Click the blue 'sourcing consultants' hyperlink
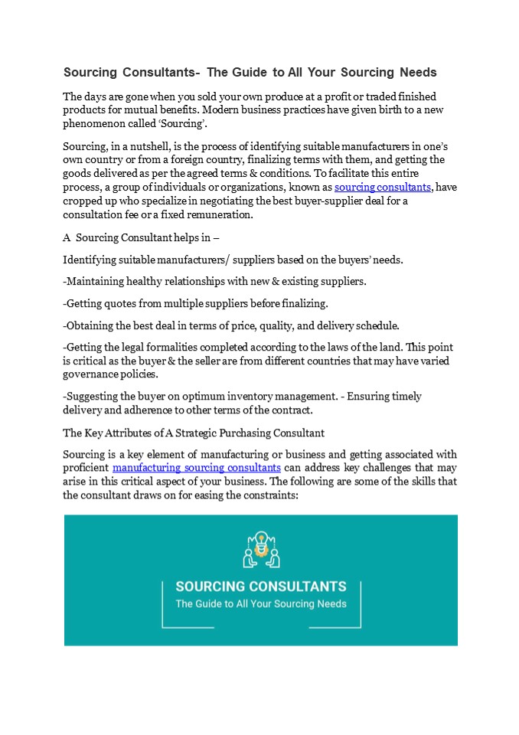[x=383, y=188]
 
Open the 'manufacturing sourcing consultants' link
[x=196, y=467]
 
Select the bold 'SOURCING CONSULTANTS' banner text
[x=261, y=586]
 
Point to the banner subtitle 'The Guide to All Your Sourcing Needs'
[x=261, y=603]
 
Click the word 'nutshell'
[x=155, y=145]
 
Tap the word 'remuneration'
[x=217, y=215]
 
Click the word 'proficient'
[x=86, y=467]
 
